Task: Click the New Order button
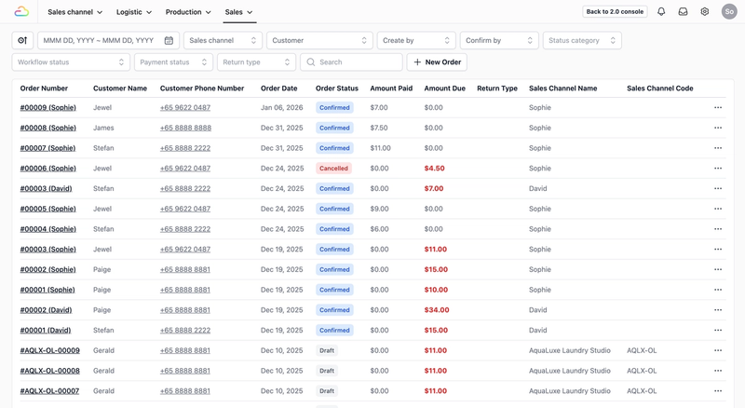437,62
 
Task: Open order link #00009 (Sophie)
48,108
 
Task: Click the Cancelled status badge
333,169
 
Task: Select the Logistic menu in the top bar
134,12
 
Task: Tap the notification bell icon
661,12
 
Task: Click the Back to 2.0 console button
615,12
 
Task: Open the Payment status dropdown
173,62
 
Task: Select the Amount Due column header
444,88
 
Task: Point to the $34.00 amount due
437,310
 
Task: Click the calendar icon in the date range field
169,41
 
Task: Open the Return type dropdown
256,62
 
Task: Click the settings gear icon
705,12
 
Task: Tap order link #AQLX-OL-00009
50,351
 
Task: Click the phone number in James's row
185,128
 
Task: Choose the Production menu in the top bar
188,12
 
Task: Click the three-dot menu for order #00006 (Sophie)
718,169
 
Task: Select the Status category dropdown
582,41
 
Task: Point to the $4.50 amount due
434,169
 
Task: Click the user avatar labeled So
729,12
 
